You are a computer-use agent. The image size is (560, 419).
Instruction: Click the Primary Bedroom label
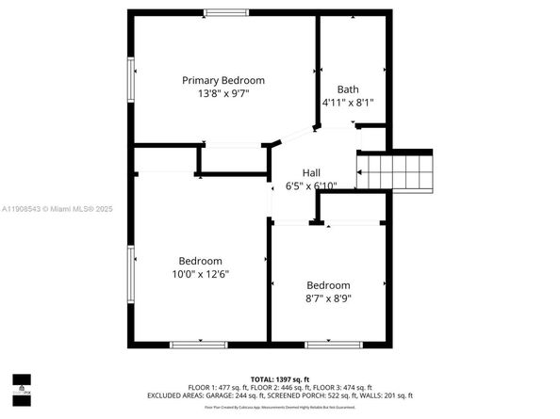pos(223,80)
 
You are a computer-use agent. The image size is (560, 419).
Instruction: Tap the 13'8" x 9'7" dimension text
pos(223,94)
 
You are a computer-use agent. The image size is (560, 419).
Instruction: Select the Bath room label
pos(348,89)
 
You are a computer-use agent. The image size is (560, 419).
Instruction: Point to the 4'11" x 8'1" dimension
pos(348,103)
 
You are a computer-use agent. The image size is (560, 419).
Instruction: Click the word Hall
pos(310,172)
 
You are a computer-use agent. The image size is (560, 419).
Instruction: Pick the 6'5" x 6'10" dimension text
pos(310,185)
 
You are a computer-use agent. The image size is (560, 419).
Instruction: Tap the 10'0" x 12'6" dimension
pos(201,274)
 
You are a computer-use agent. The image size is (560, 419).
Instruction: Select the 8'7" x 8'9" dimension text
pos(328,298)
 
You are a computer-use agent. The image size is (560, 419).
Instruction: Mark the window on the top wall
pos(222,12)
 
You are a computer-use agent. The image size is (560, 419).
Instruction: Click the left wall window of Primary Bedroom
pos(131,83)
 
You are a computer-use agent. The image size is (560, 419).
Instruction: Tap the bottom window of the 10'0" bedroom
pos(198,345)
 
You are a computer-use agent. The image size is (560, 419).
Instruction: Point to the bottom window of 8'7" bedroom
pos(334,345)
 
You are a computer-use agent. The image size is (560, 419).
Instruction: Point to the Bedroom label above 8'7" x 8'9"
pos(328,285)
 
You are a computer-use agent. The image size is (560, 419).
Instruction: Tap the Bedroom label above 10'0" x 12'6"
pos(201,261)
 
